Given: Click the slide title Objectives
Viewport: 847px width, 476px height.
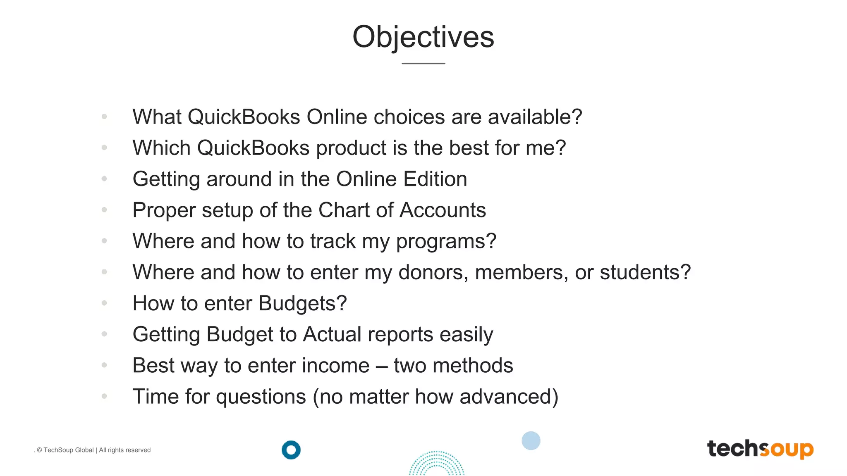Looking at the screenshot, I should [423, 37].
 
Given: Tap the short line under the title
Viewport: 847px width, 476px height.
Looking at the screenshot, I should [423, 64].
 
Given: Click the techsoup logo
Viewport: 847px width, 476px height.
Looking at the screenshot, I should [760, 449].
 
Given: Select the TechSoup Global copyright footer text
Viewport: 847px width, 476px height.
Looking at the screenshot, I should [93, 450].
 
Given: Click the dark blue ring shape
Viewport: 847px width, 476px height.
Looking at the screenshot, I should [291, 450].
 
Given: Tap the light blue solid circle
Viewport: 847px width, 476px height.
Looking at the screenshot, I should [531, 440].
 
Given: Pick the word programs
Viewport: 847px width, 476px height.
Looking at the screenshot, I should [446, 242].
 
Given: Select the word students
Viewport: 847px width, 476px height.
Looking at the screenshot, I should [645, 272].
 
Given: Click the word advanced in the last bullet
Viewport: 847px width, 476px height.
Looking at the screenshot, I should [509, 397].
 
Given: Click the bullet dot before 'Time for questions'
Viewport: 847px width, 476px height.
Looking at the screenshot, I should [104, 396].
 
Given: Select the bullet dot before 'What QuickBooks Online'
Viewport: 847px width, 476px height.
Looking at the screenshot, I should [104, 117].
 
